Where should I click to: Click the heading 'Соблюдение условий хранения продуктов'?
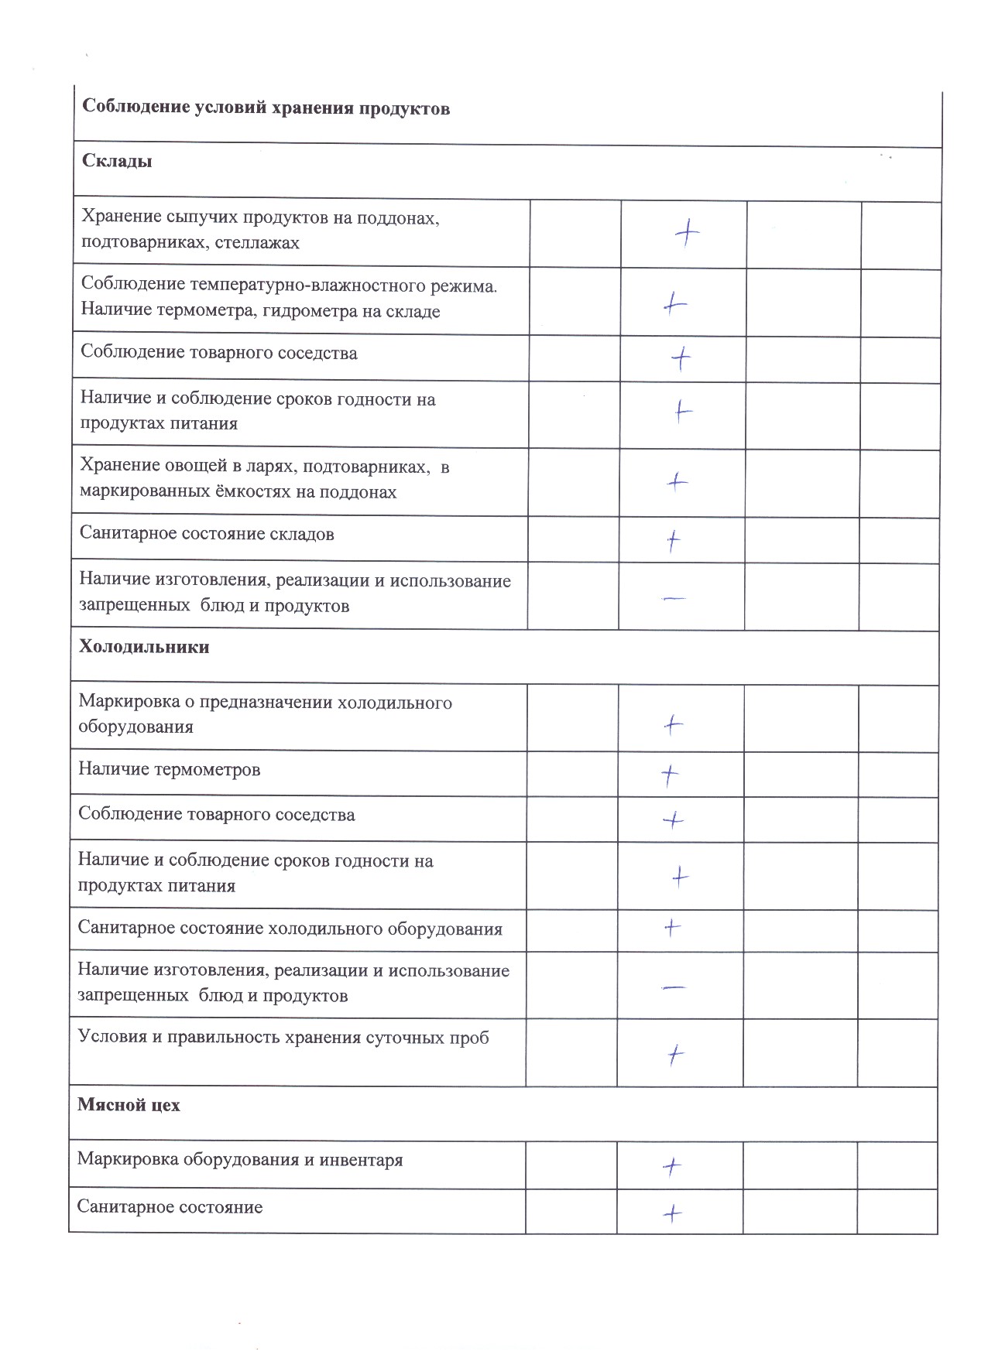tap(266, 108)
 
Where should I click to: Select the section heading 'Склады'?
tap(117, 162)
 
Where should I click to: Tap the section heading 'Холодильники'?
tap(144, 647)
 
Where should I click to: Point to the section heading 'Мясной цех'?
tap(129, 1105)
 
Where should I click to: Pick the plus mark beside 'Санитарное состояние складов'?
tap(674, 540)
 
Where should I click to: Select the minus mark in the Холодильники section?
tap(674, 987)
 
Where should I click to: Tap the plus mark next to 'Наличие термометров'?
tap(670, 775)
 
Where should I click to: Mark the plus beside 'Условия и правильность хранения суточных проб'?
tap(675, 1055)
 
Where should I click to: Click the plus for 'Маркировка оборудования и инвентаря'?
tap(672, 1166)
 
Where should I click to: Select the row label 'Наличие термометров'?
tap(169, 770)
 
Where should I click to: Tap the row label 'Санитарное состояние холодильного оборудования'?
tap(290, 929)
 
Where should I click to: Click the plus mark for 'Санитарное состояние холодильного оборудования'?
tap(672, 927)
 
